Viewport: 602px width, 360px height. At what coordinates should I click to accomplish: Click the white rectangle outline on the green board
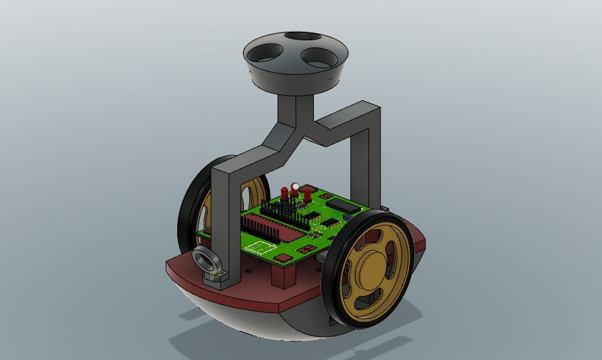click(260, 248)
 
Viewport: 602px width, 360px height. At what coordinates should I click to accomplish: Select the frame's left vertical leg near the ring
click(225, 225)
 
